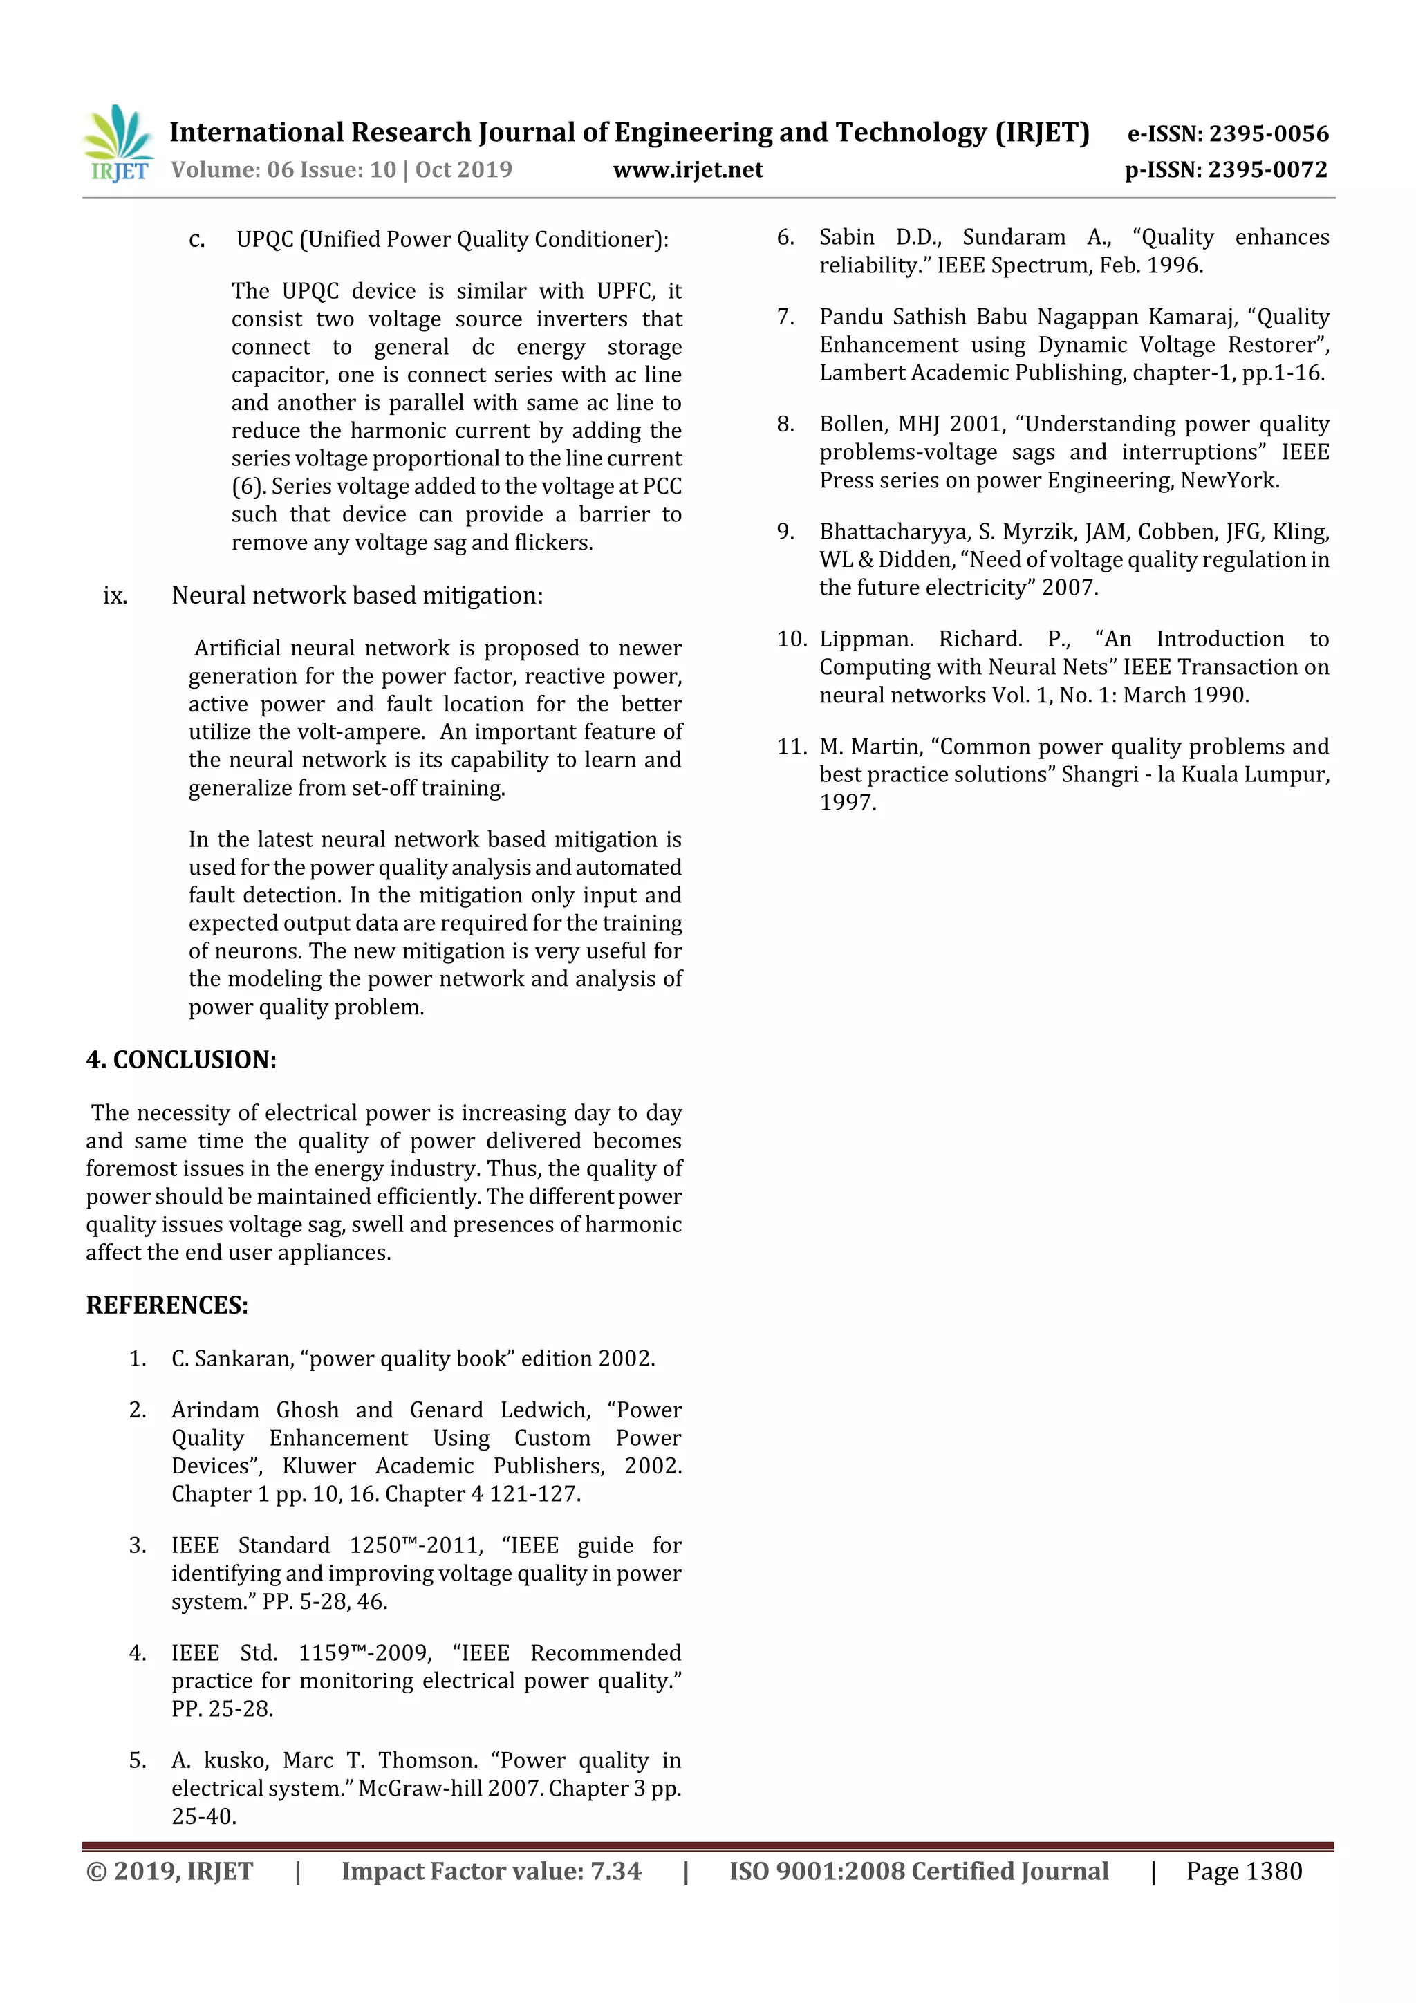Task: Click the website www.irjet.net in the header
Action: point(687,170)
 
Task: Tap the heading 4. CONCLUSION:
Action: point(180,1060)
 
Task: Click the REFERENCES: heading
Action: point(167,1305)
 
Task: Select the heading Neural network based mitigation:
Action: point(357,596)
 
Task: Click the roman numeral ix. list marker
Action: point(115,596)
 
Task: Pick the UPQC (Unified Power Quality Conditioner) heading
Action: point(452,239)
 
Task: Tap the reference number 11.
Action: point(792,747)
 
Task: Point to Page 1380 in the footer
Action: point(1243,1871)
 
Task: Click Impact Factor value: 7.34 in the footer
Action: point(490,1871)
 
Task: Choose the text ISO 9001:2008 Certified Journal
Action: point(919,1871)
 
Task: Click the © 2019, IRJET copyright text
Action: point(169,1871)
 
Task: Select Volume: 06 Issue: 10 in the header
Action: point(283,170)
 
